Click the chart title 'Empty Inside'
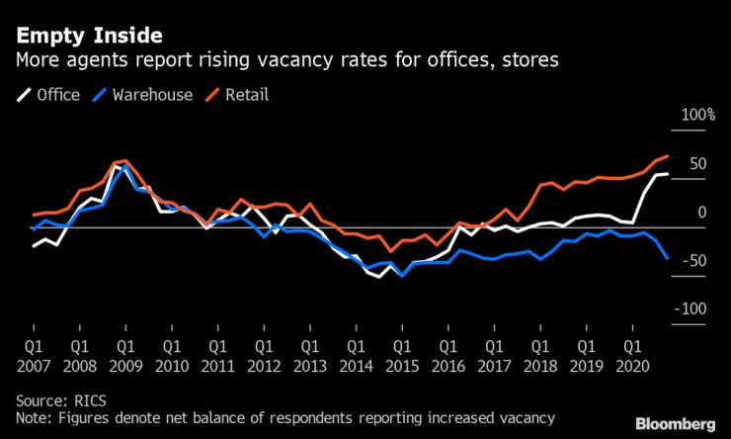(88, 37)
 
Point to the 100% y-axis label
(693, 116)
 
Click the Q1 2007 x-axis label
(33, 357)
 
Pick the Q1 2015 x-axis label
(402, 357)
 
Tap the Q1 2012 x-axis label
(264, 357)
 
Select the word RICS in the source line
(88, 400)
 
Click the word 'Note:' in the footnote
(36, 418)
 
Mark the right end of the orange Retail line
(668, 156)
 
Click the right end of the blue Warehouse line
(668, 258)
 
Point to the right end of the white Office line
(668, 174)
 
